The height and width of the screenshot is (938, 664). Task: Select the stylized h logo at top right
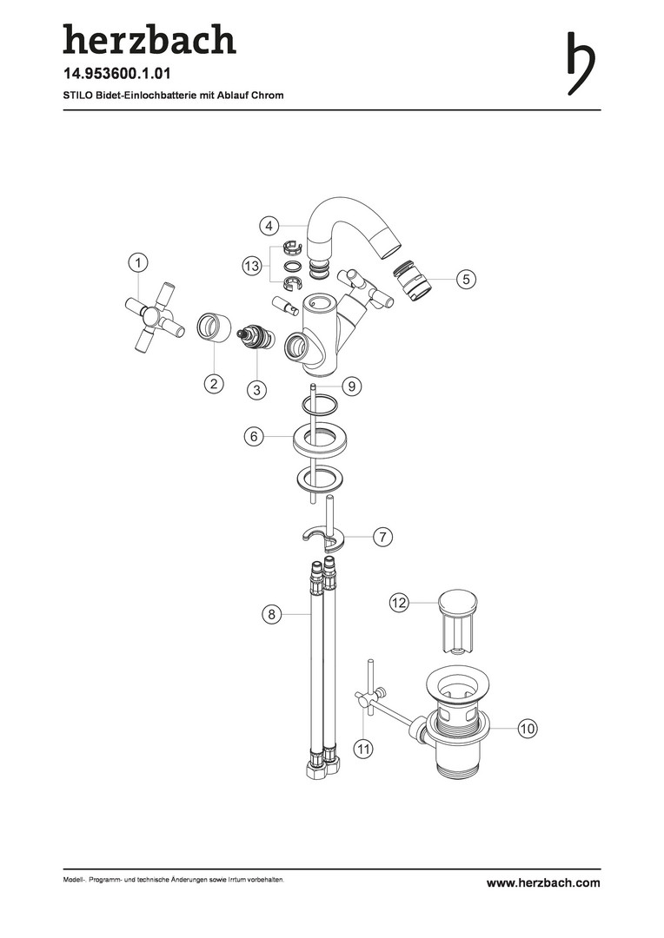click(x=581, y=63)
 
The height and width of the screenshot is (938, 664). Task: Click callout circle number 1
click(x=138, y=262)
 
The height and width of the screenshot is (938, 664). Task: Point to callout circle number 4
click(x=269, y=226)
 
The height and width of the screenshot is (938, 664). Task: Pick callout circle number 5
click(x=466, y=279)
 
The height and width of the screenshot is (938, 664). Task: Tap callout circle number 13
click(x=252, y=265)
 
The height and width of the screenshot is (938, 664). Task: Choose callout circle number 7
click(x=382, y=537)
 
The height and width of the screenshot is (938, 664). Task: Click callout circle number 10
click(x=527, y=728)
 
